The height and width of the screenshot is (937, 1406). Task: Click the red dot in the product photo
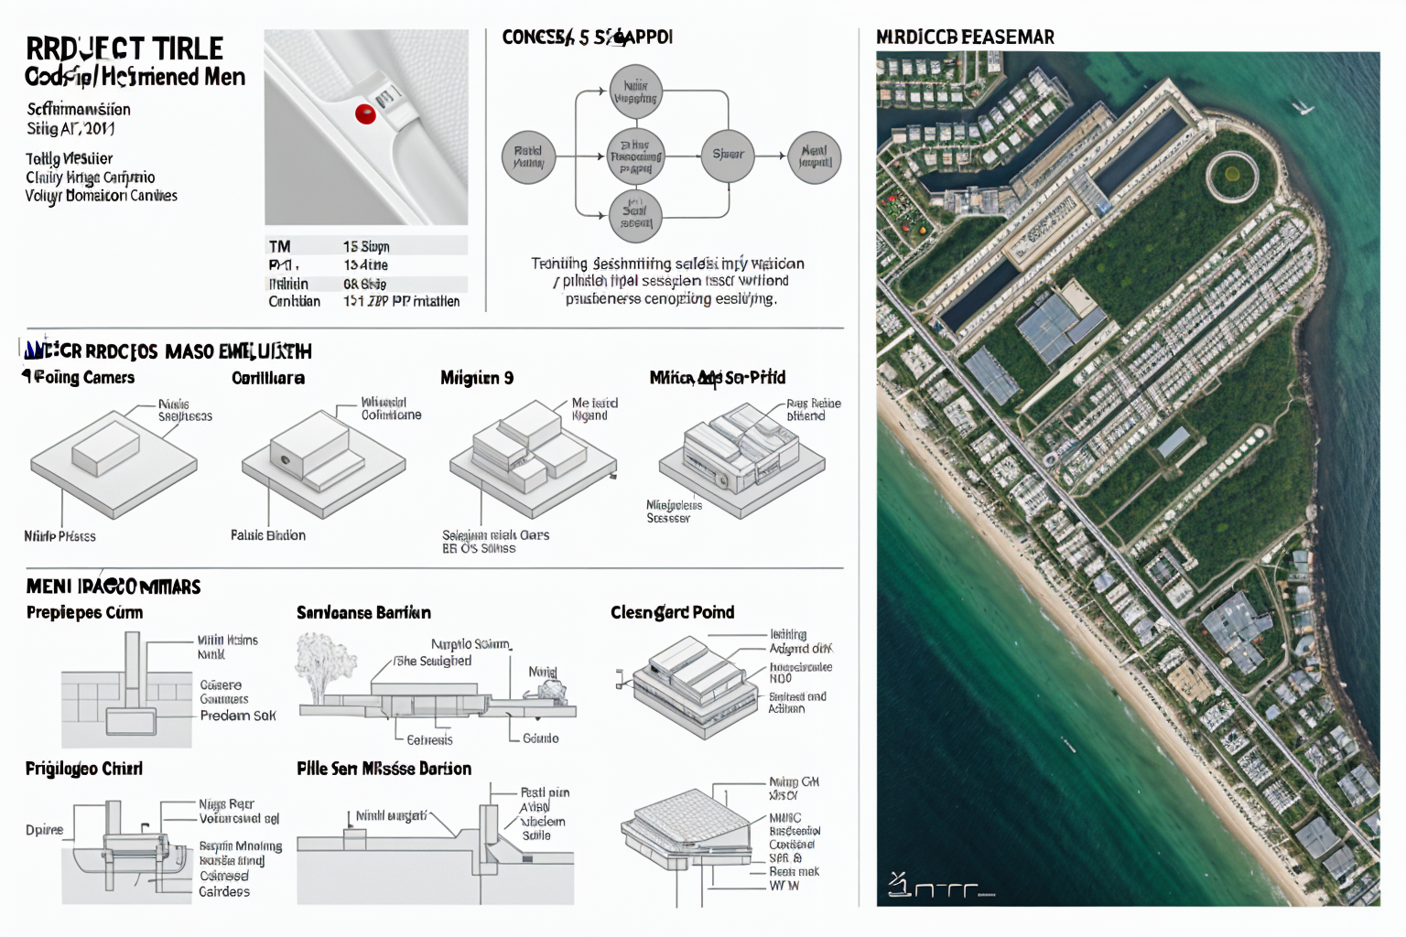tap(365, 114)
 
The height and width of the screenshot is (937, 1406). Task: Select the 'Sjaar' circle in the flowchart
tap(728, 155)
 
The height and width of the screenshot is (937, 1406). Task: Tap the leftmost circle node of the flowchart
tap(528, 156)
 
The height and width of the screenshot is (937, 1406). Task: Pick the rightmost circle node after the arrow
tap(814, 156)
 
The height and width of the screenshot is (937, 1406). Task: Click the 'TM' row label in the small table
tap(279, 246)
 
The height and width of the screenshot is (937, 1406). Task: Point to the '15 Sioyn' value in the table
tap(366, 246)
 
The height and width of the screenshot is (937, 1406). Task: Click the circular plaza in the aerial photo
tap(1231, 175)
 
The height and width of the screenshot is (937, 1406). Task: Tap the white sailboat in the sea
tap(1303, 108)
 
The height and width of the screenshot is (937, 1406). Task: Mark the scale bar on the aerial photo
tap(940, 887)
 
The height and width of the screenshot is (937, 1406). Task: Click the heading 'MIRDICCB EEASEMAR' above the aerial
tap(965, 38)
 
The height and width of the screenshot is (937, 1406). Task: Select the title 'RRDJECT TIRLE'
tap(124, 48)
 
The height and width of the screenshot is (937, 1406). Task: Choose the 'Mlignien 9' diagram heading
tap(477, 378)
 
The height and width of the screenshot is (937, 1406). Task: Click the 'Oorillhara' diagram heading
tap(268, 378)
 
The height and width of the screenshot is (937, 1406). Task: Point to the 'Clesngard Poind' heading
tap(672, 612)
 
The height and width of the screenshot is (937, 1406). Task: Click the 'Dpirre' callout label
tap(44, 830)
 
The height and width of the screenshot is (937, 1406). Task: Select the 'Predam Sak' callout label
tap(238, 716)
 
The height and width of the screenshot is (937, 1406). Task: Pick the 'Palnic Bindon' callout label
tap(268, 535)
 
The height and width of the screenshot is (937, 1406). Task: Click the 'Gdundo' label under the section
tap(540, 738)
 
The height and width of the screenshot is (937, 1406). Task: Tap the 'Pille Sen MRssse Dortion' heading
tap(384, 769)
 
